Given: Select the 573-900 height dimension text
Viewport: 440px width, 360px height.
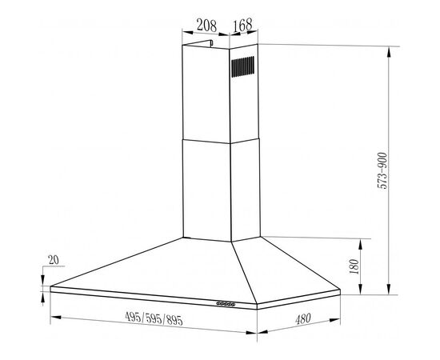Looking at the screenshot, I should click(x=385, y=169).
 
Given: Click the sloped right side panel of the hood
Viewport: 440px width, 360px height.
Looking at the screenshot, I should click(x=284, y=268).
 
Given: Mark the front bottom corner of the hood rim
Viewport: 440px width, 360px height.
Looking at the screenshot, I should click(x=255, y=308).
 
